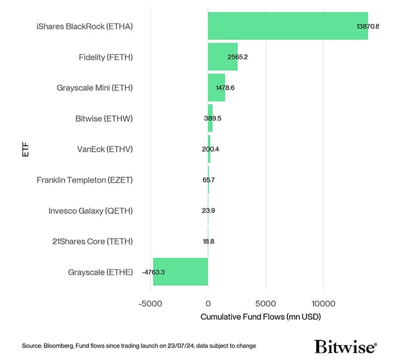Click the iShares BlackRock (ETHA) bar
click(287, 26)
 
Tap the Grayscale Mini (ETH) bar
click(216, 88)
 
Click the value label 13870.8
click(367, 27)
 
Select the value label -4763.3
click(154, 272)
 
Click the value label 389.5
click(213, 119)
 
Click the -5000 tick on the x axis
click(150, 303)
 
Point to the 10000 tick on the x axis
click(323, 303)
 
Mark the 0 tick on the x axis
click(208, 303)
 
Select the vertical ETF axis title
click(25, 149)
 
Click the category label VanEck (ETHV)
click(105, 149)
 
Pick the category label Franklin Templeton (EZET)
click(84, 180)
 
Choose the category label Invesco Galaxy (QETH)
click(90, 211)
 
